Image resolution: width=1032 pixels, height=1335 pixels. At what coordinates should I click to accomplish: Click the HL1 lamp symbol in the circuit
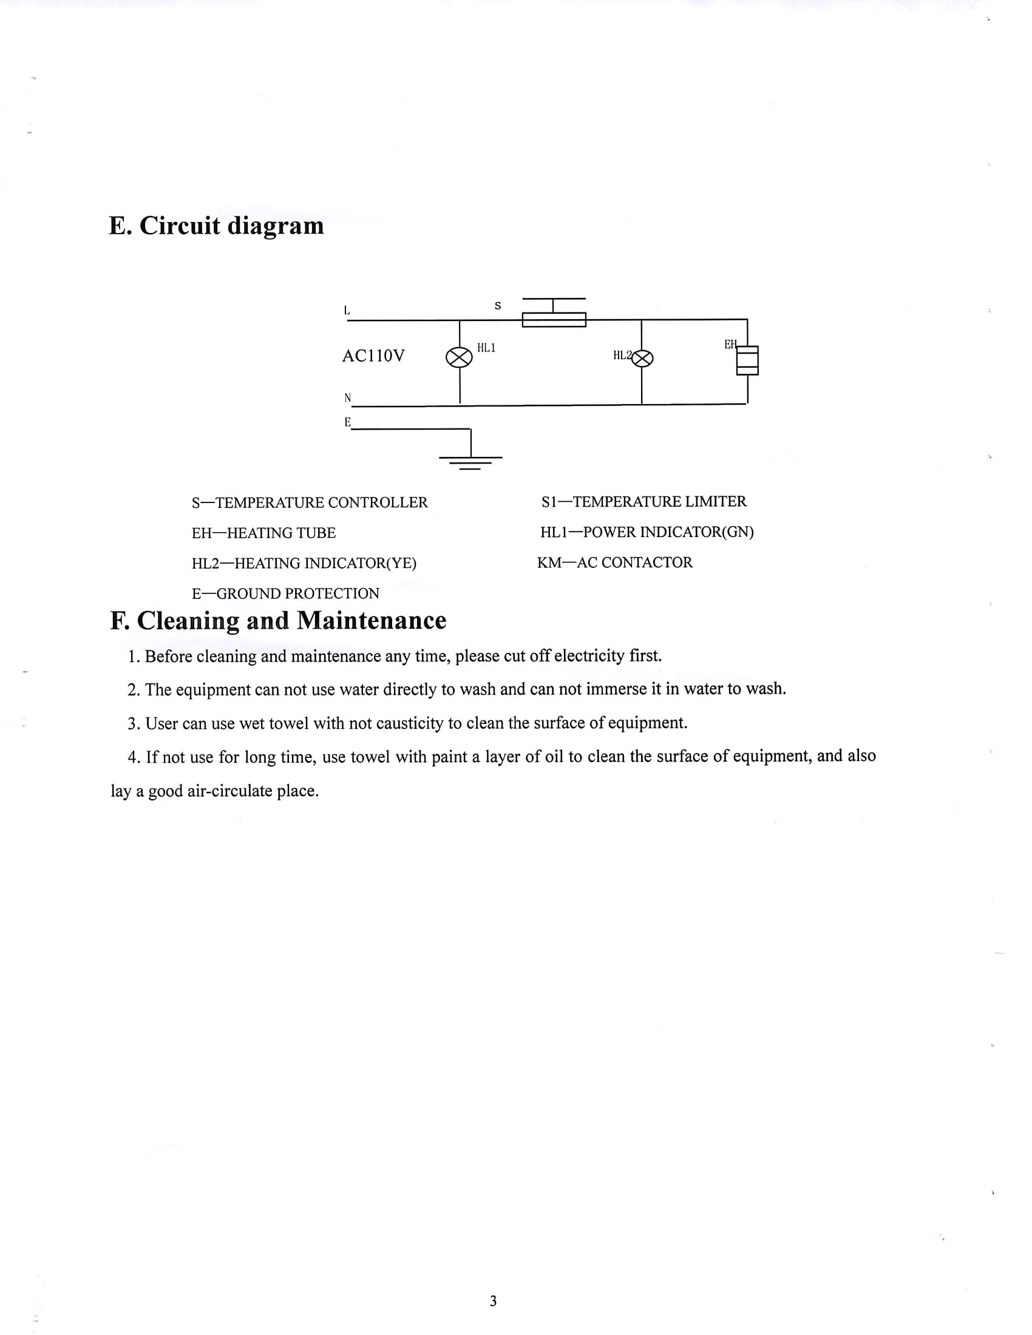[459, 357]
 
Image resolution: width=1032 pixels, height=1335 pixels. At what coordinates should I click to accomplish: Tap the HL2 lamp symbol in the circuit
[642, 358]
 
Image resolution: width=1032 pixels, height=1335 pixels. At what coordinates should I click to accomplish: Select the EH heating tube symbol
[747, 360]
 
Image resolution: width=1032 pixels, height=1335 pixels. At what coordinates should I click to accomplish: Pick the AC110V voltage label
[373, 356]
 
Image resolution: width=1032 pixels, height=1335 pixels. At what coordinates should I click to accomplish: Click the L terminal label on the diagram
[347, 311]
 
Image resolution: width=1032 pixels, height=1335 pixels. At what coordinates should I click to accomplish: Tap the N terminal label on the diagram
[347, 398]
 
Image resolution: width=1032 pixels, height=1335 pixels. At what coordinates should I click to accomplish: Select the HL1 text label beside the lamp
[486, 348]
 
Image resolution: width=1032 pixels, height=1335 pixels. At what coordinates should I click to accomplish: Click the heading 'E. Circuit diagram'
[217, 226]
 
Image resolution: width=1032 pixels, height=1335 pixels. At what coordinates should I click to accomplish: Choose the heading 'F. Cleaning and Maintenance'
[278, 620]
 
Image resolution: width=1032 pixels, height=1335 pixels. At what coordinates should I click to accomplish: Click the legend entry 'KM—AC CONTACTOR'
[614, 563]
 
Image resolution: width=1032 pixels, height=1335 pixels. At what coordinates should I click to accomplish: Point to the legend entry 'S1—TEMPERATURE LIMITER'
[643, 501]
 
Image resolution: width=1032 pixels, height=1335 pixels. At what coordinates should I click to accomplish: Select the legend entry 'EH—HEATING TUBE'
[263, 533]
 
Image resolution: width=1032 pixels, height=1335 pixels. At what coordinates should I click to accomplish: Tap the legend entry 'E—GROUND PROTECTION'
[285, 593]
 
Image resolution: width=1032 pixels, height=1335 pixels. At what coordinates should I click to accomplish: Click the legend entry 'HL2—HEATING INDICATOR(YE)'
[304, 563]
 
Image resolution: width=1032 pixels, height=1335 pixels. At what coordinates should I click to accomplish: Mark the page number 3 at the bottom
[494, 1301]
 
